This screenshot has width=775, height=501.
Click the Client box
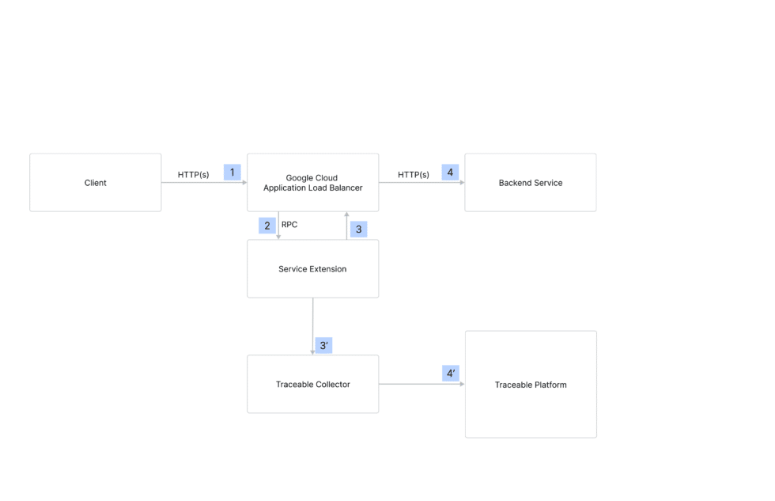tap(95, 183)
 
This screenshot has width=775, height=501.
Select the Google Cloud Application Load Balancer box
tap(312, 183)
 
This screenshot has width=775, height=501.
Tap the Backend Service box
tap(530, 183)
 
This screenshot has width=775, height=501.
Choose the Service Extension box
tap(312, 269)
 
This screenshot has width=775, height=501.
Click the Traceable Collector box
tap(312, 384)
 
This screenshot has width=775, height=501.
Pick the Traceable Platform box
tap(531, 385)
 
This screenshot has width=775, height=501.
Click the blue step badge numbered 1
tap(232, 172)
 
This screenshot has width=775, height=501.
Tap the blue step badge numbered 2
tap(267, 226)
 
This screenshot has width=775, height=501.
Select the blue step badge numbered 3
tap(358, 229)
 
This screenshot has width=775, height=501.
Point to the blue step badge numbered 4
tap(450, 172)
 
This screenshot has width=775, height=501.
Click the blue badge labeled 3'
tap(323, 345)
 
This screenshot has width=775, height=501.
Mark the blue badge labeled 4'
tap(450, 373)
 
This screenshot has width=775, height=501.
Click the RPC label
tap(289, 225)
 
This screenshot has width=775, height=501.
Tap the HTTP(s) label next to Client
tap(193, 174)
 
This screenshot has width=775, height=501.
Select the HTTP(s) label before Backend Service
tap(413, 174)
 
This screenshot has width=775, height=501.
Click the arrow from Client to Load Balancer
tap(204, 183)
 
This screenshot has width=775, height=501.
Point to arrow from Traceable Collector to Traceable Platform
tap(422, 384)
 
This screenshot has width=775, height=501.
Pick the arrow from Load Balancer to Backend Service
tap(422, 183)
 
